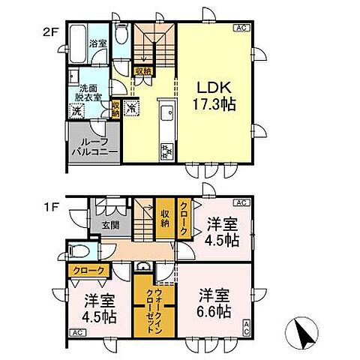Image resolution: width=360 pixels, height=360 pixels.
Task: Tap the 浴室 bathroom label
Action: point(97,43)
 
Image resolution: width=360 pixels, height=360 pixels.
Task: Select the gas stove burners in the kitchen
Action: point(166,152)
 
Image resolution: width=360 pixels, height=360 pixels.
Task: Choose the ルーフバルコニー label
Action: point(94,145)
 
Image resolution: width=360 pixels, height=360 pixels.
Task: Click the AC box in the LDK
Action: point(241,29)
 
